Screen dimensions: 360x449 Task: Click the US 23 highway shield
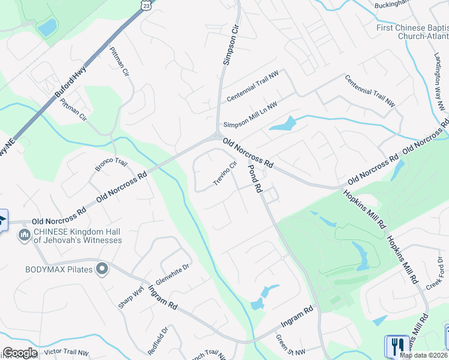pyautogui.click(x=146, y=4)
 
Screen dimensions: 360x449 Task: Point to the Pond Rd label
pyautogui.click(x=255, y=179)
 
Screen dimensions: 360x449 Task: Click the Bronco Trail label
pyautogui.click(x=112, y=165)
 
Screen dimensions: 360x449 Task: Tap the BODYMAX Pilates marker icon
pyautogui.click(x=103, y=269)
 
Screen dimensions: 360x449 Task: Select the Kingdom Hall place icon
pyautogui.click(x=25, y=233)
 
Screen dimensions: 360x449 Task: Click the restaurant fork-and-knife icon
pyautogui.click(x=396, y=347)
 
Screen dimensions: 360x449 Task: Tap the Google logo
pyautogui.click(x=20, y=353)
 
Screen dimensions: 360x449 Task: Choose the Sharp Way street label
pyautogui.click(x=131, y=297)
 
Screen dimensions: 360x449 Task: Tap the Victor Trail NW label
pyautogui.click(x=66, y=352)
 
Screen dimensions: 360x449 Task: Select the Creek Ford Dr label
pyautogui.click(x=433, y=277)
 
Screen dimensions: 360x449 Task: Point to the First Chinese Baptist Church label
pyautogui.click(x=412, y=31)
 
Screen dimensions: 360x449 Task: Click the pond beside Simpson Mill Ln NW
pyautogui.click(x=283, y=125)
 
